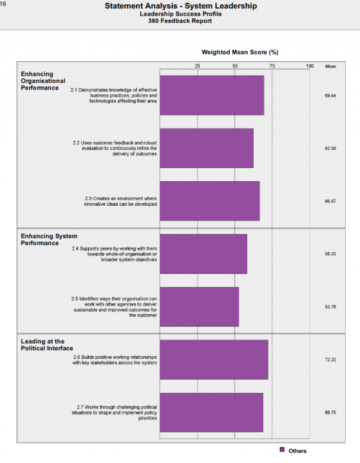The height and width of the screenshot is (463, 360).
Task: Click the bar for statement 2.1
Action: [x=212, y=95]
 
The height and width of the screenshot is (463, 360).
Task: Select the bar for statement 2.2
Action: [x=207, y=148]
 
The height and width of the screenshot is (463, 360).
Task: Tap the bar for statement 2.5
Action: [x=199, y=307]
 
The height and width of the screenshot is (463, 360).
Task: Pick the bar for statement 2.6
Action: [x=214, y=360]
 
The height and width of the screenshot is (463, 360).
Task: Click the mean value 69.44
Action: [x=330, y=96]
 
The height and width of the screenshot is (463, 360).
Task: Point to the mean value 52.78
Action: [x=330, y=307]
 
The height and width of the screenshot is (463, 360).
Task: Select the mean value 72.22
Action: [x=330, y=360]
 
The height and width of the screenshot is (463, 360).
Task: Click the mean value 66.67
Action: [x=330, y=202]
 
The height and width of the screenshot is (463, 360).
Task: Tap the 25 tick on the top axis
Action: [x=197, y=66]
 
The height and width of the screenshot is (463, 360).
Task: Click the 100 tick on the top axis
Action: [x=310, y=66]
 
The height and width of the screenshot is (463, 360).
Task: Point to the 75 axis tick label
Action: [x=272, y=66]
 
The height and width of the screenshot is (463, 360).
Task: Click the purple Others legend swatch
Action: [x=282, y=450]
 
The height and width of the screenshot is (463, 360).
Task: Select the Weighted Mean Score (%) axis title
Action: [x=240, y=52]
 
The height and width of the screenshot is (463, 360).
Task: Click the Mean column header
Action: [x=331, y=67]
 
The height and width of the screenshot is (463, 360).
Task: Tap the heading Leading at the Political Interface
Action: [x=47, y=345]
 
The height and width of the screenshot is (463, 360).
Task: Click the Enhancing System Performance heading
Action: [x=49, y=239]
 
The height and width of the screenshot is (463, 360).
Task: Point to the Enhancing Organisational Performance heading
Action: [x=43, y=81]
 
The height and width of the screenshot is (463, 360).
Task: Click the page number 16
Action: [x=3, y=4]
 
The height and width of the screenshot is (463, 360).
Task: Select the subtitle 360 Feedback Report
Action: [x=180, y=21]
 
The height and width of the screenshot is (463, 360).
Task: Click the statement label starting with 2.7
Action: [x=114, y=413]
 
